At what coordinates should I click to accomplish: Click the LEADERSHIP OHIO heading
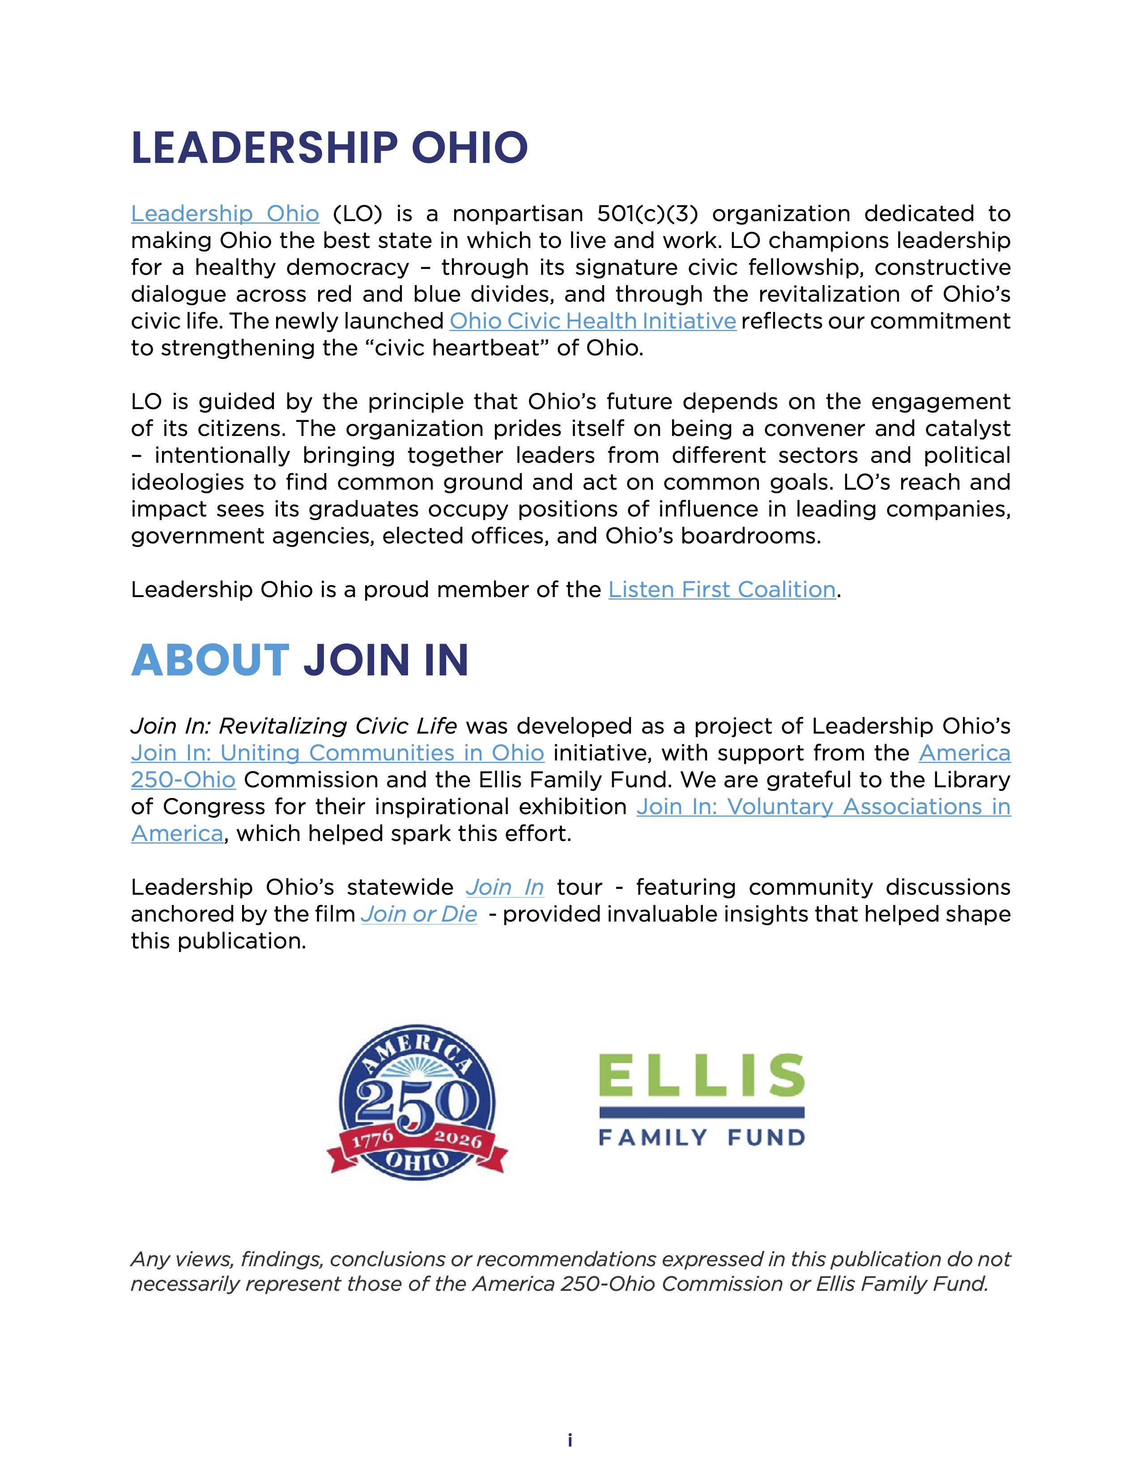coord(329,148)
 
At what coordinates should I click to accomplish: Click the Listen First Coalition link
coord(721,590)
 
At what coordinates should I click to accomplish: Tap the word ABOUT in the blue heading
coord(210,660)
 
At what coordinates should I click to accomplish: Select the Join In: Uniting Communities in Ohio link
coord(337,753)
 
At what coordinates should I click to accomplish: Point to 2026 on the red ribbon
coord(458,1139)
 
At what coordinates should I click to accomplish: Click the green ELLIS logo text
coord(702,1075)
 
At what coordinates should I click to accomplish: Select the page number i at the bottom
coord(570,1440)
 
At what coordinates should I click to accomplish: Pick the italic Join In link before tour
coord(504,887)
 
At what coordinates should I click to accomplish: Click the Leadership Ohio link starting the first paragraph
coord(225,213)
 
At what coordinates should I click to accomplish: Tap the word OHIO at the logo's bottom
coord(417,1161)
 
